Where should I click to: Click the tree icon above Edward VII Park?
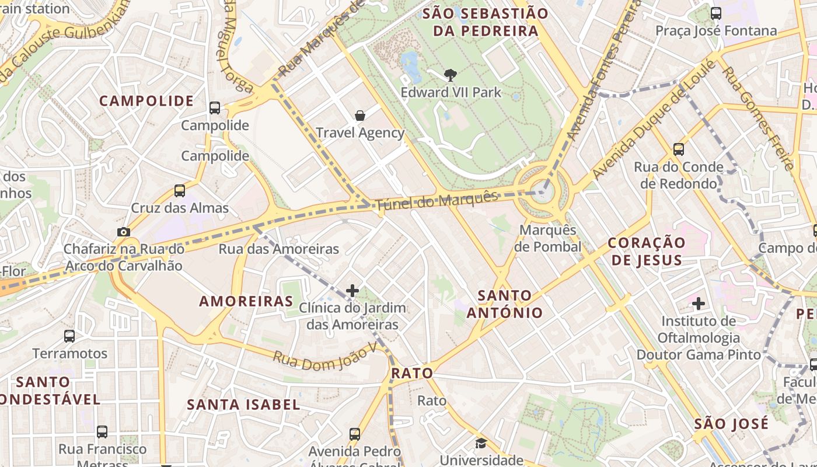[450, 75]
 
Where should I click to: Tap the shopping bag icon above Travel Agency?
[360, 116]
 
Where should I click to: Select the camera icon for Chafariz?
[123, 232]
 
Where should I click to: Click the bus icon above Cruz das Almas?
[180, 190]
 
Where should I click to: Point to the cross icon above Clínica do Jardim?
[352, 290]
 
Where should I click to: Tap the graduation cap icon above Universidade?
[481, 444]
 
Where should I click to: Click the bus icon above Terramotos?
[69, 336]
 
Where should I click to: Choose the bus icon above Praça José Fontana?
[716, 13]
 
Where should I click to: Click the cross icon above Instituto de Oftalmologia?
[699, 304]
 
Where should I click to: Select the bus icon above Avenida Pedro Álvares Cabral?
[355, 434]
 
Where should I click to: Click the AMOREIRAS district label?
[246, 301]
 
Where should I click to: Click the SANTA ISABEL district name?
[243, 404]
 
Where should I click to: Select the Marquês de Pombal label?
[547, 238]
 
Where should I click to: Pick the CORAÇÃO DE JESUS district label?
[646, 251]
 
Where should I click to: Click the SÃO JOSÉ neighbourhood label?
[731, 424]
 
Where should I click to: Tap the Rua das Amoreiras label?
[278, 249]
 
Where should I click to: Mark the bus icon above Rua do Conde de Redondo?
[679, 149]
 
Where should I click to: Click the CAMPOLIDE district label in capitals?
[146, 101]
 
